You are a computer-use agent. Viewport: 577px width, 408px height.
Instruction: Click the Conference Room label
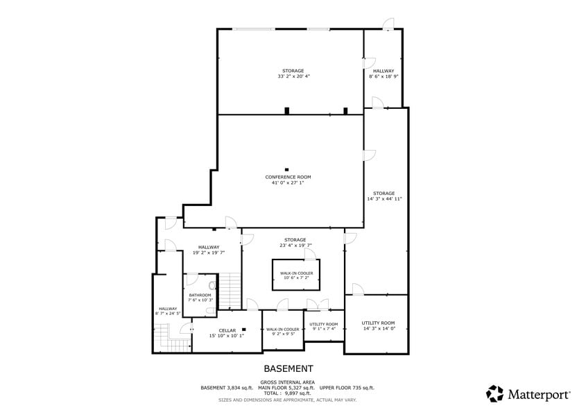(x=288, y=177)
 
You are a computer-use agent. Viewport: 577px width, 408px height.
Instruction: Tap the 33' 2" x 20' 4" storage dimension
(x=293, y=76)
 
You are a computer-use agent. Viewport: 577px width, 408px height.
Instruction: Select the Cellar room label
(x=227, y=331)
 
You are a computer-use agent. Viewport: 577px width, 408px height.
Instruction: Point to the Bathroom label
(x=200, y=296)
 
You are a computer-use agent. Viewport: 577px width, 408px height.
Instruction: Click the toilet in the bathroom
(x=212, y=285)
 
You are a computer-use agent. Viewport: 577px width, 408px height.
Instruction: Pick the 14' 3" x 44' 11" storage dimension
(x=384, y=199)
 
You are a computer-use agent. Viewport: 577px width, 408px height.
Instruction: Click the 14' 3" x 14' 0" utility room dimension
(x=379, y=328)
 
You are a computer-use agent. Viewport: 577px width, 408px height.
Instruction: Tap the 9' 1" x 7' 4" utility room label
(x=324, y=328)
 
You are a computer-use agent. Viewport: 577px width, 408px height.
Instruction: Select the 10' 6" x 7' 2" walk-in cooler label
(x=296, y=278)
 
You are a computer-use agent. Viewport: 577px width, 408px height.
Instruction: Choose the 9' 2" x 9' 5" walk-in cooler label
(x=283, y=334)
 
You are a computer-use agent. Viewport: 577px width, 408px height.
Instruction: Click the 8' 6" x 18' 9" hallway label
(x=384, y=76)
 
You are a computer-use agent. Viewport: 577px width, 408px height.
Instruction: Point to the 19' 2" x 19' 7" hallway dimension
(x=209, y=253)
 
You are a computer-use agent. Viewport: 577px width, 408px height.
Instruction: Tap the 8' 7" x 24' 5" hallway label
(x=168, y=314)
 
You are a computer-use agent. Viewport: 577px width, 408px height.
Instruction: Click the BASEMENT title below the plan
(x=288, y=368)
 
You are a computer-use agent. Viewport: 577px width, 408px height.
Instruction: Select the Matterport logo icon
(x=494, y=393)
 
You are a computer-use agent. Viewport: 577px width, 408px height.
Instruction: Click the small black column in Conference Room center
(x=286, y=170)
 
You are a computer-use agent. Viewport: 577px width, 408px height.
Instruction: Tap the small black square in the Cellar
(x=243, y=329)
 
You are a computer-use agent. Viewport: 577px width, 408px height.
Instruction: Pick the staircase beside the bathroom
(x=230, y=291)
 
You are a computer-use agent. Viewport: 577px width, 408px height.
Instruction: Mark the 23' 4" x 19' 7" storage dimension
(x=295, y=245)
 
